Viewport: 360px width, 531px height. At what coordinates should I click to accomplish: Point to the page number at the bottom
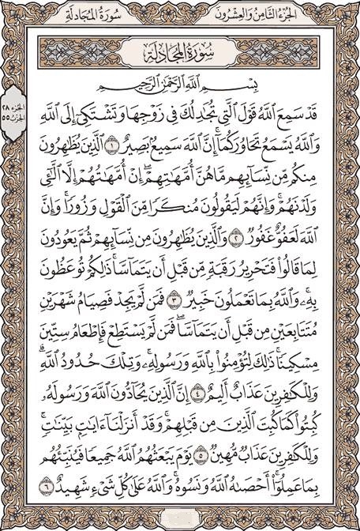tap(180, 520)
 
